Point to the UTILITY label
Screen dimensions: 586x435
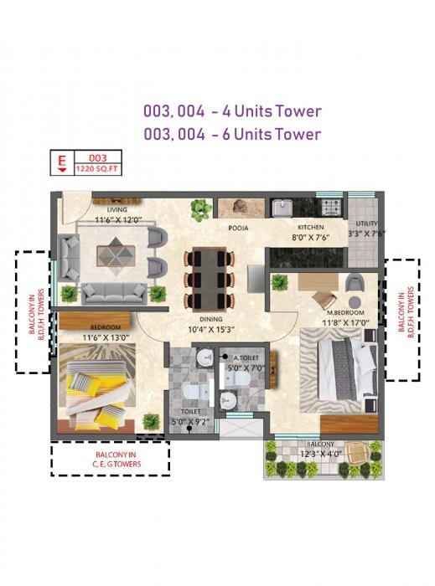pos(366,224)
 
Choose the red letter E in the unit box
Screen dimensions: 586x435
pos(61,158)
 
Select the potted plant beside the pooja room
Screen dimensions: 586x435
pos(199,208)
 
